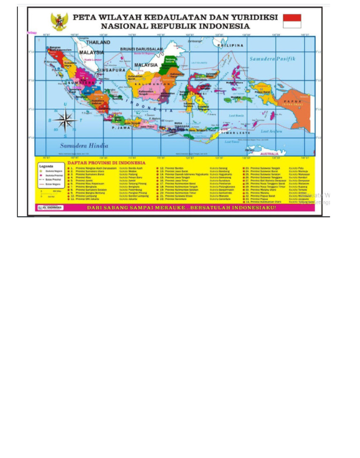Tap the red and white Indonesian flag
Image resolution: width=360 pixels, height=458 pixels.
[x=292, y=21]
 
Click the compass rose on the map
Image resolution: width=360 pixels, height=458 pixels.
[x=66, y=120]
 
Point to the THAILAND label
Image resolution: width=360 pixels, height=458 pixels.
[x=98, y=42]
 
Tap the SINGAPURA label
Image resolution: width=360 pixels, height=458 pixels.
[x=111, y=70]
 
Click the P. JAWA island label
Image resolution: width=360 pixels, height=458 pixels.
[x=120, y=127]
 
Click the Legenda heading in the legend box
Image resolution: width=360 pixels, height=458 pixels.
[x=46, y=166]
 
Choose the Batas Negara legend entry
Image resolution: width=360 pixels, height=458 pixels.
[x=52, y=184]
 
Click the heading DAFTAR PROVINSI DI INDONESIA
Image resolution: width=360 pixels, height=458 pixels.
[x=106, y=163]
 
